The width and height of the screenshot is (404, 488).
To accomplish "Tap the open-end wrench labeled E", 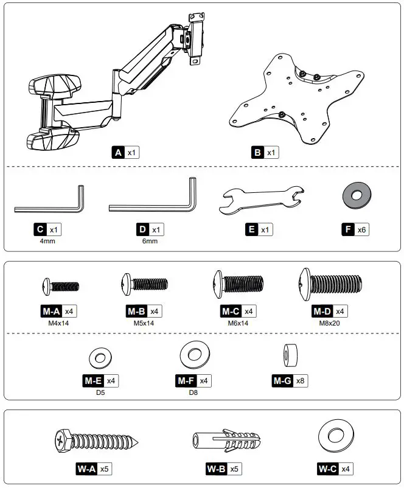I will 260,200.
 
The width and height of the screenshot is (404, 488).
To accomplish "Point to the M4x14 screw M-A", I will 61,285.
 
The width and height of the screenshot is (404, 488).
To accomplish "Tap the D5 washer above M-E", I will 98,356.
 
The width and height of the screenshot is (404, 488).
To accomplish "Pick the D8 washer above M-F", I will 193,354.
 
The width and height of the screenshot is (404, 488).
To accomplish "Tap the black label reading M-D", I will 322,311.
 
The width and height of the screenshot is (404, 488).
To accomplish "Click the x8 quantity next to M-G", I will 302,381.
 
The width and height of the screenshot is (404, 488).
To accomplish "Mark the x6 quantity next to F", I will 362,229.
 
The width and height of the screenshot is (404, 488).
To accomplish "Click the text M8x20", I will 330,323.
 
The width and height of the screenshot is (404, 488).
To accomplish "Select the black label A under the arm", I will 118,152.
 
